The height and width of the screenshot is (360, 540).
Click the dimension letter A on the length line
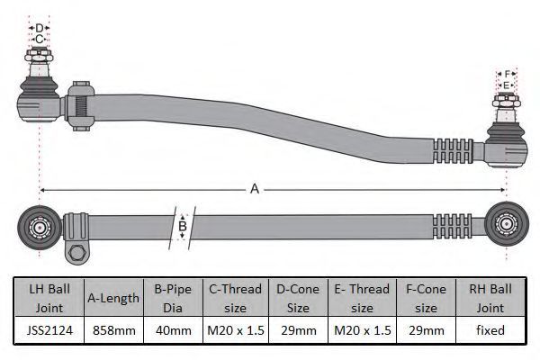coord(255,189)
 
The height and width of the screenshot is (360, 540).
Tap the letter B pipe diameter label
coord(183,226)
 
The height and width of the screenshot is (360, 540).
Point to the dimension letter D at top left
coord(40,28)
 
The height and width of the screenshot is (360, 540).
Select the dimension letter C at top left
coord(39,40)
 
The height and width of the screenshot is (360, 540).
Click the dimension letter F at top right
coord(507,74)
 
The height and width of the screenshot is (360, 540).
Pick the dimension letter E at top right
coord(506,85)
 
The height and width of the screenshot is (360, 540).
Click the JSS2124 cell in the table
coord(49,330)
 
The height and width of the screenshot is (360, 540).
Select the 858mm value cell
coord(113,330)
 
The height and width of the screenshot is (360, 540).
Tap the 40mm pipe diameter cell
coord(173,330)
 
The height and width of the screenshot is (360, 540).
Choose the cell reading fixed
coord(490,330)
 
